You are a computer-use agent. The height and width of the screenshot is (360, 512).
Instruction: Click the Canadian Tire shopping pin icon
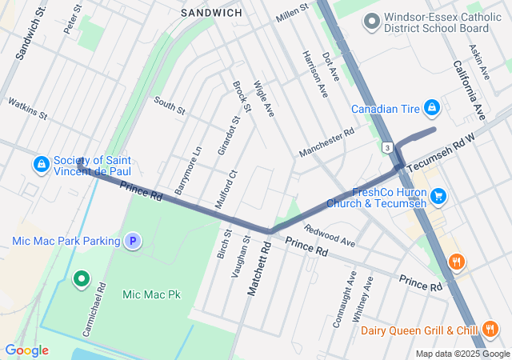(x=431, y=106)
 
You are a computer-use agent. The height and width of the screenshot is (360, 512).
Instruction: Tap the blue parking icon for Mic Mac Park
(x=133, y=240)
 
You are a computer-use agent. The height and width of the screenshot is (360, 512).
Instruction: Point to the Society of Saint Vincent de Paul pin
(x=40, y=164)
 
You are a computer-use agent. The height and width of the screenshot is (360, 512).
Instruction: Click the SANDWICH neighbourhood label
(x=211, y=14)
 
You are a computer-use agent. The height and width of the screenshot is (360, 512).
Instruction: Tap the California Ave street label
(x=468, y=88)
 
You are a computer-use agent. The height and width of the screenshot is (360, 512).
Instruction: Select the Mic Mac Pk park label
(x=151, y=294)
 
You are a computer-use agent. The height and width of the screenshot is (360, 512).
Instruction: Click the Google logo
(x=26, y=350)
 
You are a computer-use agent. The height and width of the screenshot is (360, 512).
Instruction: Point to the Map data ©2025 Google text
(x=462, y=354)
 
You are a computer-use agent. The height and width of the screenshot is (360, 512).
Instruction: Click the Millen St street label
(x=292, y=11)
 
